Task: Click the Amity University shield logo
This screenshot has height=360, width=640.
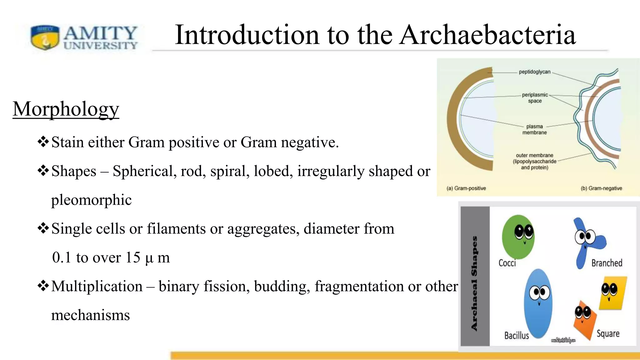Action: [x=45, y=37]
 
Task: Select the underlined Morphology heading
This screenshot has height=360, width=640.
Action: [x=66, y=109]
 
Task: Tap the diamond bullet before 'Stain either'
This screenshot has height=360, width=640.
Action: [x=43, y=142]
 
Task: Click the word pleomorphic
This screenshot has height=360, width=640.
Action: [x=91, y=200]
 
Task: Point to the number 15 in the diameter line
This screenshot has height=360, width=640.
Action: [x=133, y=257]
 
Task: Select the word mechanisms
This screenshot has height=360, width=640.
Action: [x=90, y=315]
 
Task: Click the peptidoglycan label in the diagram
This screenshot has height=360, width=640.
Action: [x=534, y=72]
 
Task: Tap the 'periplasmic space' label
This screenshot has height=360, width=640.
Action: [x=535, y=98]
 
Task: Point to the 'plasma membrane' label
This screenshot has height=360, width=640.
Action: [x=534, y=129]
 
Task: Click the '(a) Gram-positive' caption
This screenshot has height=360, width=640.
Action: [x=466, y=188]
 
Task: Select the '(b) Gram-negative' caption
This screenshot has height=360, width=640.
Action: [x=601, y=188]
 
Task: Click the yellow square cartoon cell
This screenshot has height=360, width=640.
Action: [x=613, y=293]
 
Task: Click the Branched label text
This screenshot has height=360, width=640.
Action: [x=607, y=263]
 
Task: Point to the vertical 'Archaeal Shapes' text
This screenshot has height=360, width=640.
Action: [x=474, y=283]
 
